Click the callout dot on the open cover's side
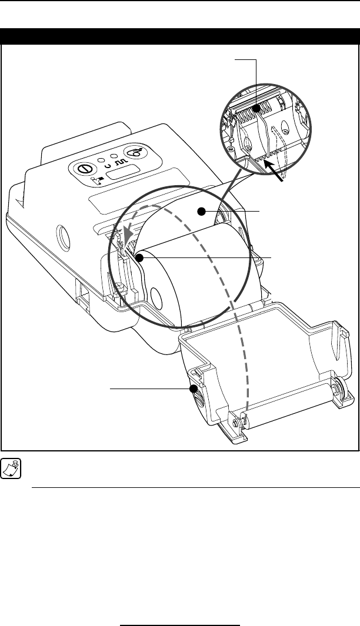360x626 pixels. pyautogui.click(x=193, y=389)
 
